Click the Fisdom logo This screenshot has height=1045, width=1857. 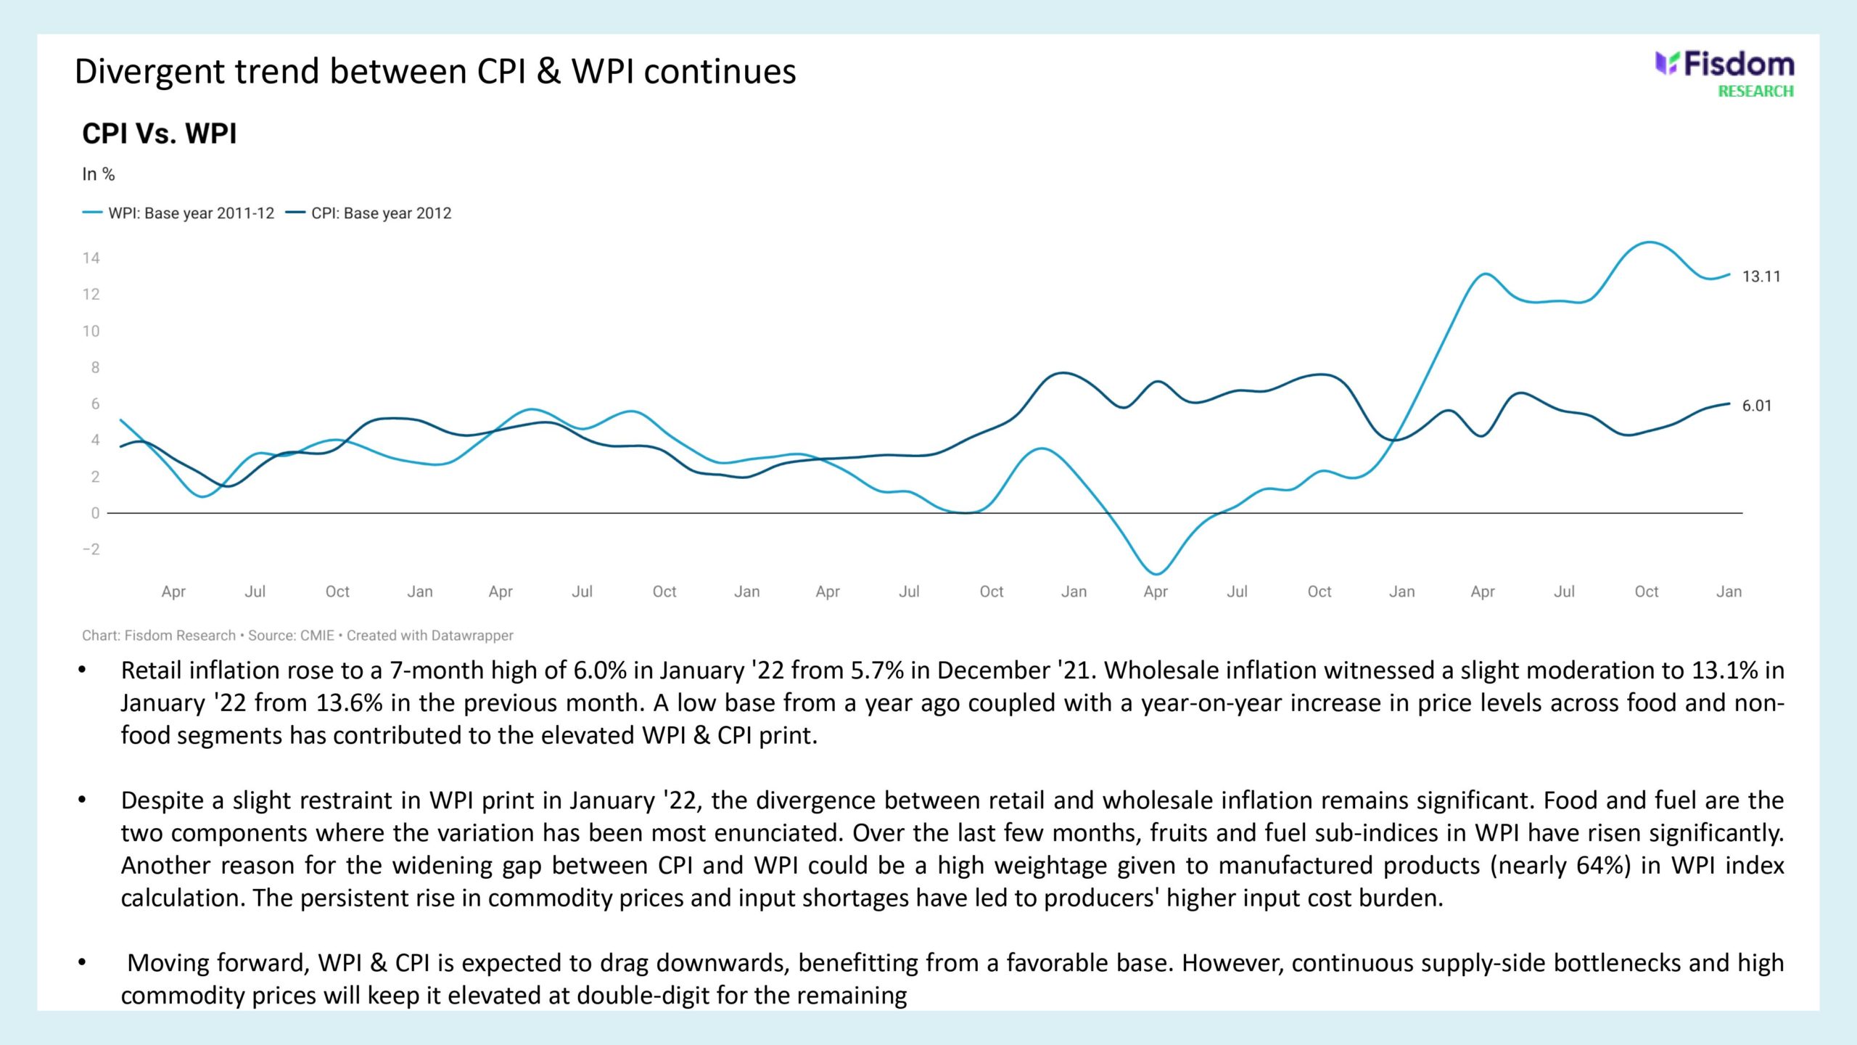coord(1724,65)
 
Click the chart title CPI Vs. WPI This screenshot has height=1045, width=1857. coord(160,134)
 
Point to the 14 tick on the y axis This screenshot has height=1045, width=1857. coord(91,258)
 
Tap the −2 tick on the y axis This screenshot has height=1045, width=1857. coord(91,549)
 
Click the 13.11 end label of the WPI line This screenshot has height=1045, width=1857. coord(1761,276)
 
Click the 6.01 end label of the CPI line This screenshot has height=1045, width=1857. coord(1757,406)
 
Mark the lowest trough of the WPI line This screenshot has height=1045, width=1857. coord(1156,573)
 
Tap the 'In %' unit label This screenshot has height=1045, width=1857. coord(99,174)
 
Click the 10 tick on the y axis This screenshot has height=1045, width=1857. coord(91,332)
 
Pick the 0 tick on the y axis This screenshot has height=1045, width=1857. coord(95,513)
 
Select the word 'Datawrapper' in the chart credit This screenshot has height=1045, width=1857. coord(472,636)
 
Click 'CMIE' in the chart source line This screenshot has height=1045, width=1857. coord(317,636)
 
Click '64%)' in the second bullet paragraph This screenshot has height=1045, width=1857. coord(1607,865)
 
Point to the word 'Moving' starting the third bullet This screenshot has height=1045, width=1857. coord(168,963)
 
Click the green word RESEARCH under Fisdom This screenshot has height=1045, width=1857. coord(1755,91)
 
